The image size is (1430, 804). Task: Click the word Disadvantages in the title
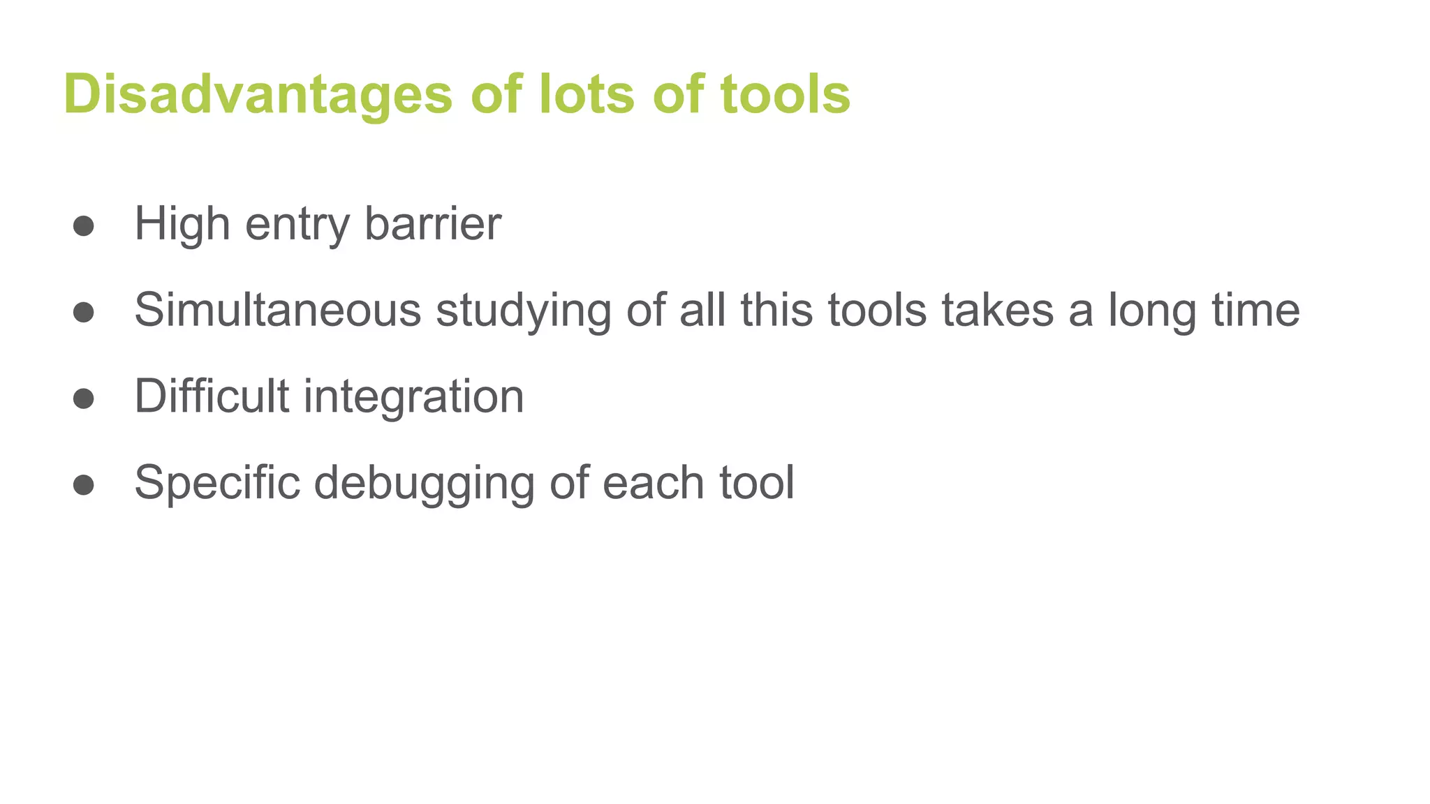point(258,94)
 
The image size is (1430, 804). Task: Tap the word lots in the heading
point(587,94)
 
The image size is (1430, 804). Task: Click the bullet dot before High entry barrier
point(84,225)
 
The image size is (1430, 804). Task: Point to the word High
point(182,224)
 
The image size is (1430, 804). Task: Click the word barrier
point(433,224)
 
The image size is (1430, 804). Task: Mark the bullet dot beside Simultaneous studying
point(84,312)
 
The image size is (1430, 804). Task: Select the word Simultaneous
point(278,310)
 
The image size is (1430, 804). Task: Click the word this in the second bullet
point(776,310)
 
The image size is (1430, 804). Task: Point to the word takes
point(997,310)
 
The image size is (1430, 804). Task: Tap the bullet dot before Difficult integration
point(84,399)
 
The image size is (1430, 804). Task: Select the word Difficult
point(212,396)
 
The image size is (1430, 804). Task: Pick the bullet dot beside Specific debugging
point(84,485)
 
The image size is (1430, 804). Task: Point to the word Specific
point(217,483)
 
